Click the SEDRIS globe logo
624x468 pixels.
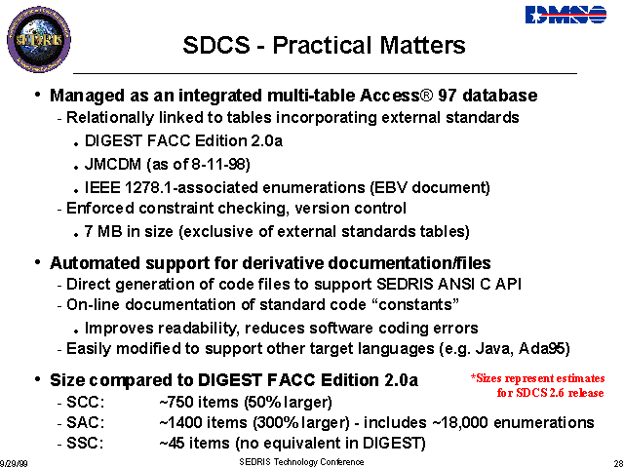(39, 39)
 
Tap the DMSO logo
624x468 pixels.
(565, 15)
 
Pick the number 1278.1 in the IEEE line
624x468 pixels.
(148, 187)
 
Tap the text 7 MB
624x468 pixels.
(103, 231)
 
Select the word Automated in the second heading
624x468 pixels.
(95, 263)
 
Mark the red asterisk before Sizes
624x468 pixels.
(474, 376)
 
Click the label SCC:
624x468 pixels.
(85, 403)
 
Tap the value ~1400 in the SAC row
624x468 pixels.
(180, 422)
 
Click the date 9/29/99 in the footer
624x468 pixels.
(14, 463)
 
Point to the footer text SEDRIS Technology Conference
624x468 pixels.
(301, 461)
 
